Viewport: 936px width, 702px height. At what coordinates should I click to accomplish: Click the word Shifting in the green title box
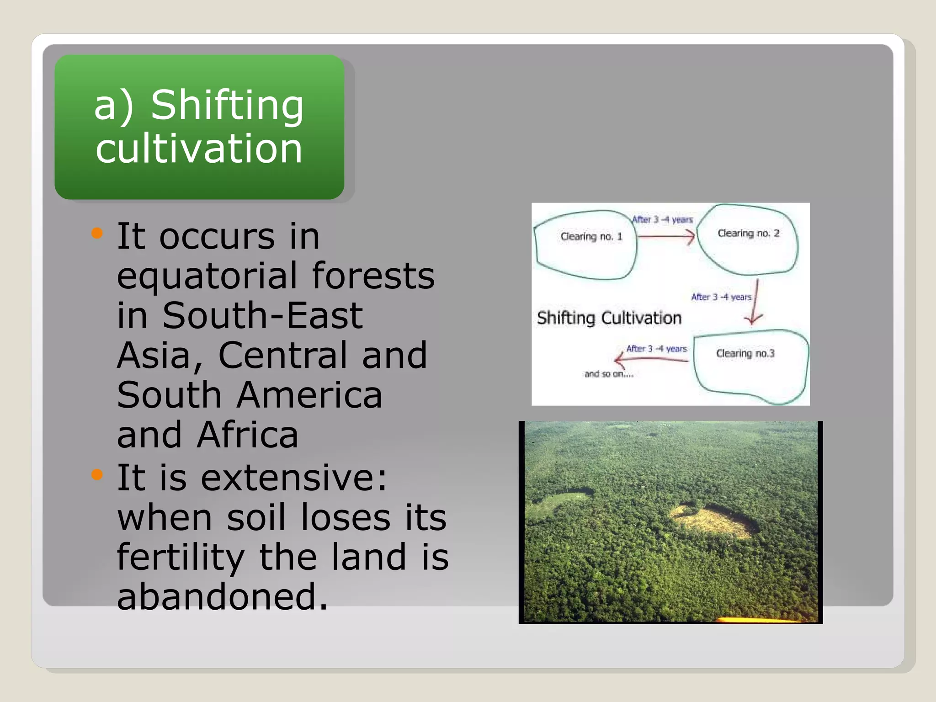point(227,106)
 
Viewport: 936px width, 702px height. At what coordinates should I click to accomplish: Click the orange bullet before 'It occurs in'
point(97,234)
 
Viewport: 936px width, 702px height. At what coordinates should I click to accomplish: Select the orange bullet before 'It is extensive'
point(97,475)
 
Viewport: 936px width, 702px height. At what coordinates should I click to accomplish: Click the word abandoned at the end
point(223,596)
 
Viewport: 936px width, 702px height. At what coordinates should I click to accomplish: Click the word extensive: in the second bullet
point(294,478)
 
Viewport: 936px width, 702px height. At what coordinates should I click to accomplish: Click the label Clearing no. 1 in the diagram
point(591,237)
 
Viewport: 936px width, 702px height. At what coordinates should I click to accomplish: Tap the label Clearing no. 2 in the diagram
point(748,234)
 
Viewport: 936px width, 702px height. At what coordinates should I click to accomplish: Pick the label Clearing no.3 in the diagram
point(745,354)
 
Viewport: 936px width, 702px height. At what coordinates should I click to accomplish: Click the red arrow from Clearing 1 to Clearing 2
point(666,237)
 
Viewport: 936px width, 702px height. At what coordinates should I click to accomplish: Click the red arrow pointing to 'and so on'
point(651,359)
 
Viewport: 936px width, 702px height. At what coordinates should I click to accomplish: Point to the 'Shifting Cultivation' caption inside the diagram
point(609,318)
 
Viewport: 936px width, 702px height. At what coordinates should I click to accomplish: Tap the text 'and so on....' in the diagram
point(609,374)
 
